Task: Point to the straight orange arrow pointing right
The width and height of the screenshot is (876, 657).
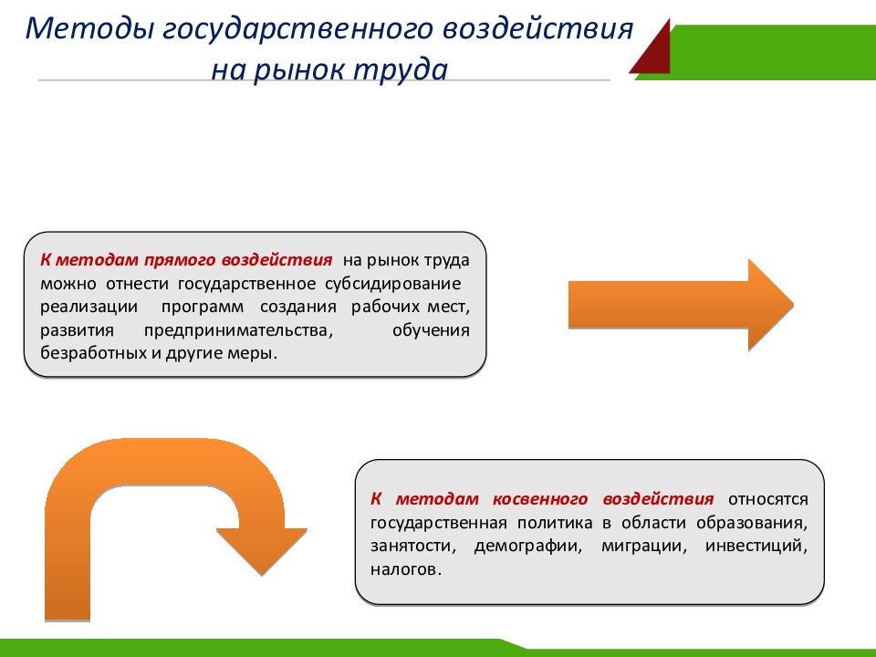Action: click(681, 305)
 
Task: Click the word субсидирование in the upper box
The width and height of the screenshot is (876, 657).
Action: click(392, 284)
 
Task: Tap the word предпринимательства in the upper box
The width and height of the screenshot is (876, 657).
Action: click(238, 330)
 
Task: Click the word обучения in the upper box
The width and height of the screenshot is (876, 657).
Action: click(431, 330)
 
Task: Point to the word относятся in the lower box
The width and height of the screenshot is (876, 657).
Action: click(768, 499)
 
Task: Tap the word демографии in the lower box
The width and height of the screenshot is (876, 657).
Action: click(528, 546)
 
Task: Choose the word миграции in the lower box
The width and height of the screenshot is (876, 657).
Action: click(643, 546)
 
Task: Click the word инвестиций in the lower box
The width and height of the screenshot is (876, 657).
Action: click(756, 546)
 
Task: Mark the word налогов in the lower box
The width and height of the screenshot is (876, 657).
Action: click(405, 569)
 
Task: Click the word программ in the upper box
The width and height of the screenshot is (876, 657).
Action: click(203, 308)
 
